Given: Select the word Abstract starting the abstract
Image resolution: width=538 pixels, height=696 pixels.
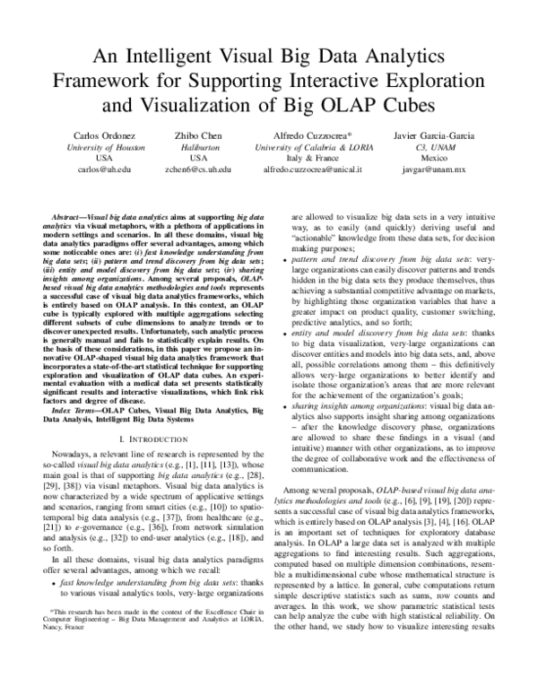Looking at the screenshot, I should point(69,218).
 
